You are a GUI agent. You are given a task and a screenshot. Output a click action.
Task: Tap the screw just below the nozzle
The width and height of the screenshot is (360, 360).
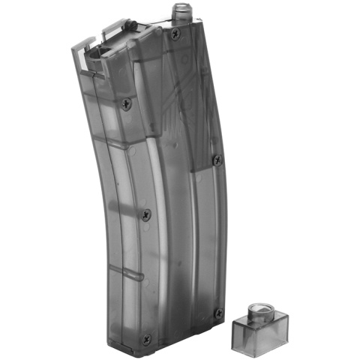coord(178,35)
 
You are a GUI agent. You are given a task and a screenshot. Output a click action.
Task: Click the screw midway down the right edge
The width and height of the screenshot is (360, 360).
coord(217,159)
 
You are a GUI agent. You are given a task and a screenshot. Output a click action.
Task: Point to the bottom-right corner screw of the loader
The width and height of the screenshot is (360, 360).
coord(218,313)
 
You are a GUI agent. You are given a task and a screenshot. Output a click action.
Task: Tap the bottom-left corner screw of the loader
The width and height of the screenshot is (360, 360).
coord(147,338)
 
